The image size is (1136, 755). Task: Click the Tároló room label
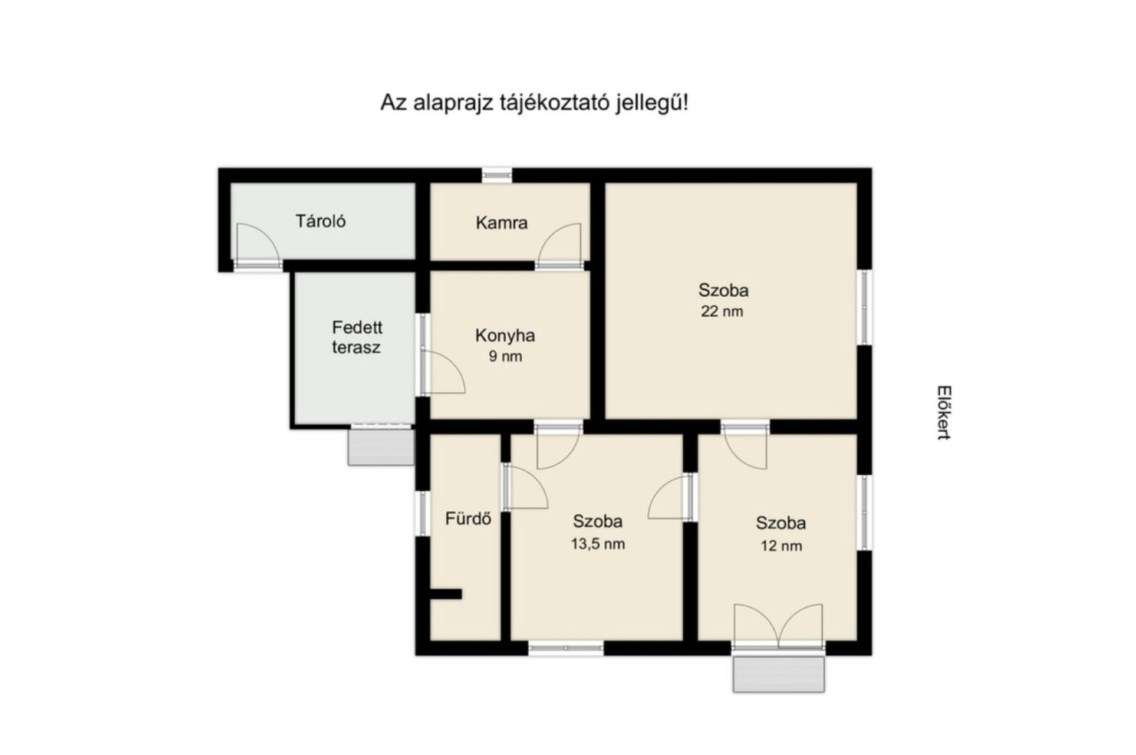[x=321, y=222]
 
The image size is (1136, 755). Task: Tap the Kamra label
[x=502, y=223]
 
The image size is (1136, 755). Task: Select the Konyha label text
[x=505, y=336]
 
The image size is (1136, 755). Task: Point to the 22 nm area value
[x=722, y=311]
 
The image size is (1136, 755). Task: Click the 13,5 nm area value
[x=598, y=544]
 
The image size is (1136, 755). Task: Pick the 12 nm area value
[x=781, y=546]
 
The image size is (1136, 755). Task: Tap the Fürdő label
[x=468, y=519]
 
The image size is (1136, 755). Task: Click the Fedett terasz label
[x=356, y=337]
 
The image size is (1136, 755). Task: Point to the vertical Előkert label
[x=944, y=413]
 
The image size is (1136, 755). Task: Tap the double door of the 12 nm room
[x=778, y=626]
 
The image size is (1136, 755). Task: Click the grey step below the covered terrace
[x=381, y=446]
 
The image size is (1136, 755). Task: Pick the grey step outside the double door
[x=779, y=674]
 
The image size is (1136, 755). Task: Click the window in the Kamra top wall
[x=497, y=175]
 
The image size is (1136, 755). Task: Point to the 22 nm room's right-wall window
[x=865, y=307]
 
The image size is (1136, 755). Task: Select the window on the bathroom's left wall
[x=422, y=513]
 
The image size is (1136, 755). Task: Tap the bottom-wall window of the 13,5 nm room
[x=565, y=649]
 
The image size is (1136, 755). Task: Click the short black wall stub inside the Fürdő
[x=446, y=594]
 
